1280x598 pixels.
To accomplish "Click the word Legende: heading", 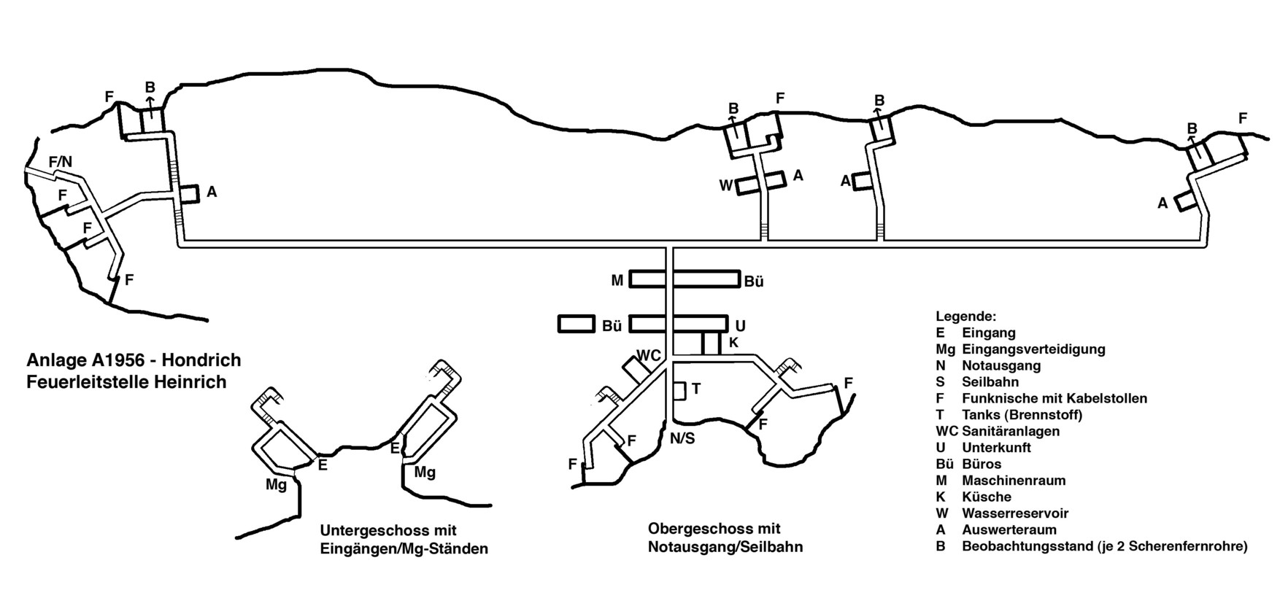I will tap(965, 317).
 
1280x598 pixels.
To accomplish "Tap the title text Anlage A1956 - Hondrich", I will tap(134, 360).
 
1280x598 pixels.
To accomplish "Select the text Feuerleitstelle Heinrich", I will tap(126, 381).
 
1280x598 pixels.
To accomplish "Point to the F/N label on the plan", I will tap(60, 161).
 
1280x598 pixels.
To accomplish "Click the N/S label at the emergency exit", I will tap(683, 439).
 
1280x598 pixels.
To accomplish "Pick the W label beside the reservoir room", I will tap(725, 185).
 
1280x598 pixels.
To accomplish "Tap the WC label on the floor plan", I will tap(649, 355).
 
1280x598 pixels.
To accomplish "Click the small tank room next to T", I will tap(679, 390).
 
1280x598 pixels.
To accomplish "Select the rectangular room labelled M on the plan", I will tap(647, 279).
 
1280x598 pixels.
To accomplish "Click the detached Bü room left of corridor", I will tap(577, 325).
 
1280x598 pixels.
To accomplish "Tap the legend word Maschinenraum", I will tap(1014, 481).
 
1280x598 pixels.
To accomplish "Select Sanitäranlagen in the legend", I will tap(1011, 431).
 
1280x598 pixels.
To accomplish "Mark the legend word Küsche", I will tap(987, 497).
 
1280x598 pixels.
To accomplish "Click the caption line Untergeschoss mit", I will tap(388, 530).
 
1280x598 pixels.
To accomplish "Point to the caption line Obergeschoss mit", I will tap(714, 528).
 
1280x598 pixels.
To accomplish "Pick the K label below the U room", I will tap(734, 342).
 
